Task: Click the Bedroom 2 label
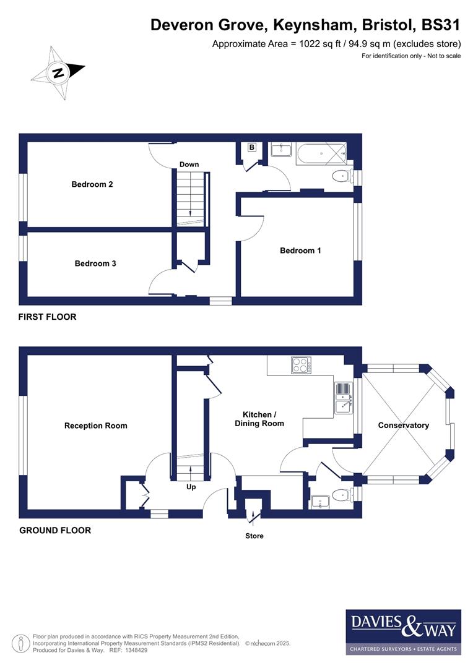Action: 92,184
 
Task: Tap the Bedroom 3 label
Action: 95,263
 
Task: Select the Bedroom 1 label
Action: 300,250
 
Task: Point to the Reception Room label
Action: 95,426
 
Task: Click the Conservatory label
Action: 403,425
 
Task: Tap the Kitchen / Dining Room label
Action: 259,419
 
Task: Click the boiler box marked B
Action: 251,147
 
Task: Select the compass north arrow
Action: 58,73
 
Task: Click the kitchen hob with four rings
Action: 301,365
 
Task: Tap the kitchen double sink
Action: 342,398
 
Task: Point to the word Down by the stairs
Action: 189,165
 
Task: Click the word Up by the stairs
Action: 191,487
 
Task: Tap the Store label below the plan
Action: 254,536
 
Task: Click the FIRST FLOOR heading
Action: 47,317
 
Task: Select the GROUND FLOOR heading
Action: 55,530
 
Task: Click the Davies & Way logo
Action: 403,632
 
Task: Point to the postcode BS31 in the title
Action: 441,25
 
